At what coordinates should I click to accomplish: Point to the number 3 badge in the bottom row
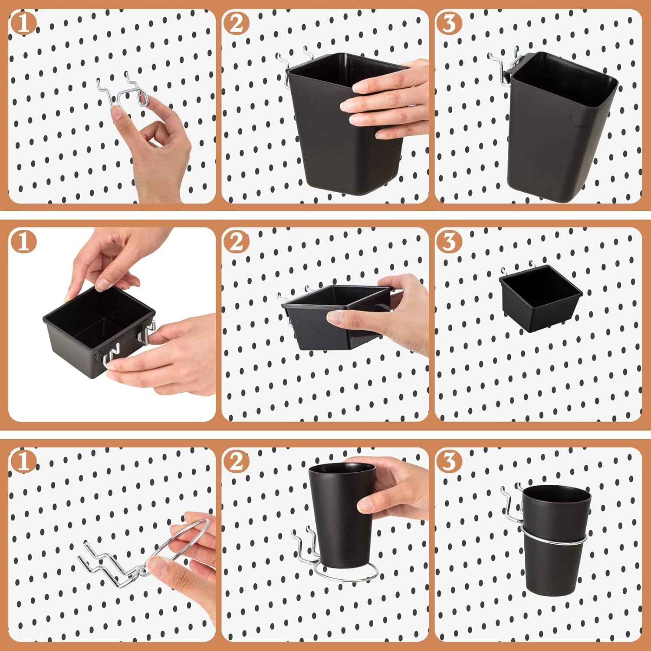(x=449, y=462)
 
